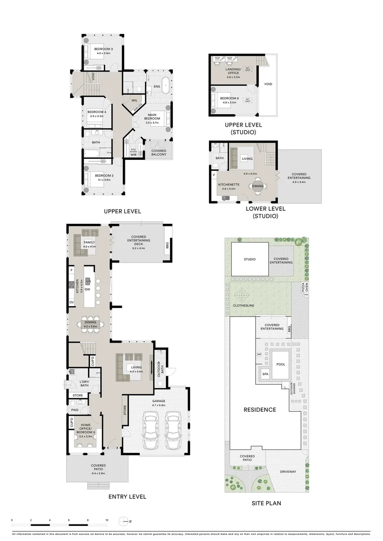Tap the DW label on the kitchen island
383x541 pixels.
87,289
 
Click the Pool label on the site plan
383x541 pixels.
281,364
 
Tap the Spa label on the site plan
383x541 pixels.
265,374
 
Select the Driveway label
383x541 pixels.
288,472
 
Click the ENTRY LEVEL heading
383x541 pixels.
127,497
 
